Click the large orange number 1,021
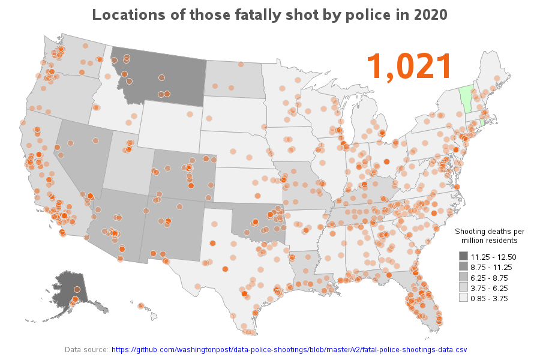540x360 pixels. point(409,66)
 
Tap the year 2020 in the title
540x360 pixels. point(431,14)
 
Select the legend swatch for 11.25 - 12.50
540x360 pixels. point(464,257)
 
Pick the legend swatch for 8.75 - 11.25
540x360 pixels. point(464,267)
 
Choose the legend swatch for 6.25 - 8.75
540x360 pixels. point(464,277)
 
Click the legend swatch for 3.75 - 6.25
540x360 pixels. point(464,287)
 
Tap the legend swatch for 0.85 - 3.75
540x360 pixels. point(464,298)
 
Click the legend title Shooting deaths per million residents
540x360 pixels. point(490,236)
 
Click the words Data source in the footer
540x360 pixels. point(86,349)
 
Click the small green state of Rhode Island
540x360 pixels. point(484,122)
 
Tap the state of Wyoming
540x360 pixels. point(171,123)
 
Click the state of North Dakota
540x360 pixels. point(234,78)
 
